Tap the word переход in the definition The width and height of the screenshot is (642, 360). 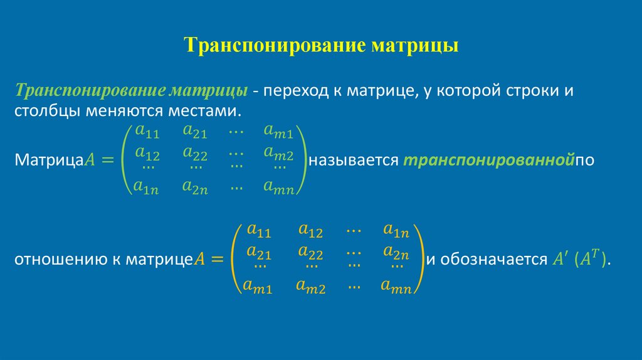pyautogui.click(x=293, y=92)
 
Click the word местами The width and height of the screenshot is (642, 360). pyautogui.click(x=210, y=112)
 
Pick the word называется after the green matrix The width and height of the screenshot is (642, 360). pyautogui.click(x=354, y=160)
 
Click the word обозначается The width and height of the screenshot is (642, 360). pyautogui.click(x=495, y=260)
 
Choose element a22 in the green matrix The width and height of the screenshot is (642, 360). pyautogui.click(x=195, y=152)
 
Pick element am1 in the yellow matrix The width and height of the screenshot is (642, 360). pyautogui.click(x=258, y=287)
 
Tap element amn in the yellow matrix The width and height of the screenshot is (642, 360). pyautogui.click(x=396, y=287)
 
